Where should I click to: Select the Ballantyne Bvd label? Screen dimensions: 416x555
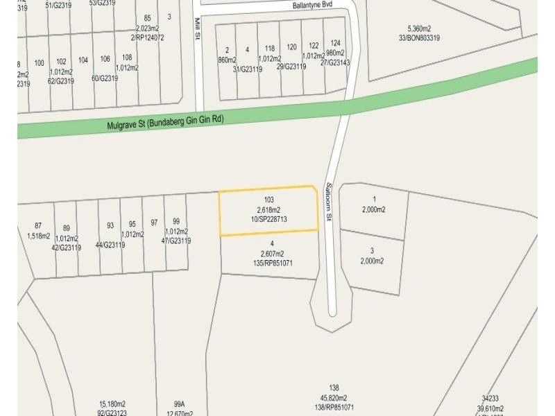[314, 4]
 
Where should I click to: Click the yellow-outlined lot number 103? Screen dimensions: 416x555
[269, 200]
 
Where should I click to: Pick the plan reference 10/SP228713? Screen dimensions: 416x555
[269, 219]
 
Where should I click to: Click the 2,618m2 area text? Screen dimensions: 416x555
[269, 209]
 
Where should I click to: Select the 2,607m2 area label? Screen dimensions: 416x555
[272, 254]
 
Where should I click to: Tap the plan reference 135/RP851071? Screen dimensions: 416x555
[272, 263]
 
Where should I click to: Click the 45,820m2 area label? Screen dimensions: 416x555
[334, 397]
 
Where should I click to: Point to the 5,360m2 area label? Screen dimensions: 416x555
[420, 28]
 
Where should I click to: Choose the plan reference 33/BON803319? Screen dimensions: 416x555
[420, 37]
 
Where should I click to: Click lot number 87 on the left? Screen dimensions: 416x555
[38, 225]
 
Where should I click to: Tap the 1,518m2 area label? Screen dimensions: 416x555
[39, 236]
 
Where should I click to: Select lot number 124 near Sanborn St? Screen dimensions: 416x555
[335, 43]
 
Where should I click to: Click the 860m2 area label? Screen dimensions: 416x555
[227, 60]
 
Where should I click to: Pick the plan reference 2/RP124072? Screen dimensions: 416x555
[146, 37]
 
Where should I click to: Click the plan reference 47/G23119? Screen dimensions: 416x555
[176, 241]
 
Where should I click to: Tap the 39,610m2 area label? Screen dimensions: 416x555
[490, 408]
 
